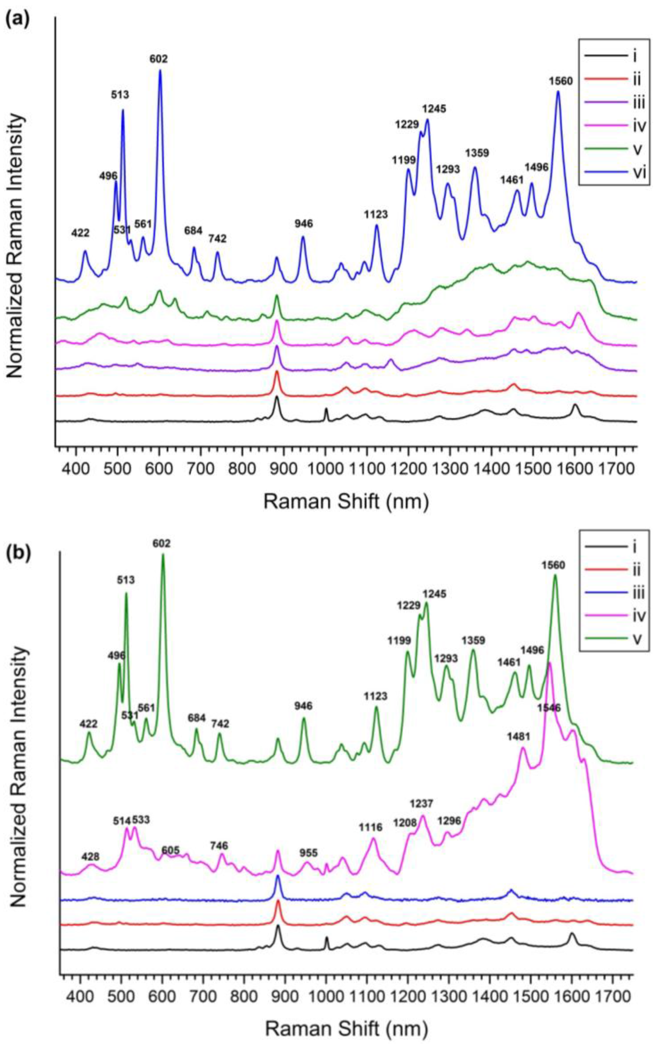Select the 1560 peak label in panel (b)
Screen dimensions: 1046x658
[x=553, y=565]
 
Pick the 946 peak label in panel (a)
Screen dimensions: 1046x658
[x=303, y=224]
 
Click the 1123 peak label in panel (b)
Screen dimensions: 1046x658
[x=375, y=697]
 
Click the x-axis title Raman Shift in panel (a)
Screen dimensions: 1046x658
[x=346, y=502]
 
